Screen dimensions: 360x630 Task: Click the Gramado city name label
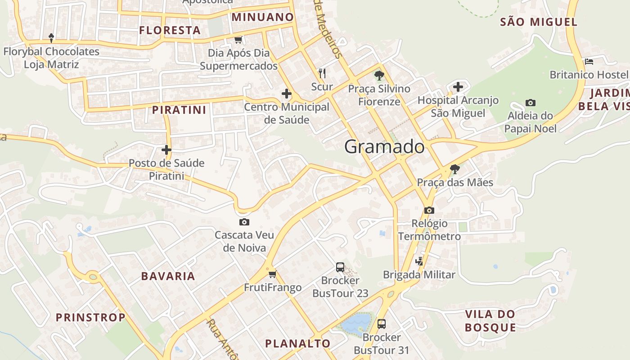384,147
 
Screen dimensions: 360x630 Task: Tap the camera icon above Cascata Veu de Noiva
244,222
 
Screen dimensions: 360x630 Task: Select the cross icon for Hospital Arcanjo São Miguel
458,87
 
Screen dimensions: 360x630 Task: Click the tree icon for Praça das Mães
455,169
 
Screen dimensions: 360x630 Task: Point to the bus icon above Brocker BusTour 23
340,267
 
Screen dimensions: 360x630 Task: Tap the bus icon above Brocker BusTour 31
382,324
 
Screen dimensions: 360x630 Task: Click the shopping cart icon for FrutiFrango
272,274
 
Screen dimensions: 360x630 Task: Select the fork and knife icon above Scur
322,73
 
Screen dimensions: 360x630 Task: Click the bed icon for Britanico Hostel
589,61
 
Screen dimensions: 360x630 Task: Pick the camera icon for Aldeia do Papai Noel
531,103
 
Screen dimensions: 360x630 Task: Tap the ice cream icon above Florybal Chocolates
51,38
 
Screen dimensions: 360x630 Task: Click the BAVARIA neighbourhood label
168,276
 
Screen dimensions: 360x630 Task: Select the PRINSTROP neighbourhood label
90,318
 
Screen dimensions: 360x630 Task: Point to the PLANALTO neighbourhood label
298,344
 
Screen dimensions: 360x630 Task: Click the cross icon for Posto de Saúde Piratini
166,149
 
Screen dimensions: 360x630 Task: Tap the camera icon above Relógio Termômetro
429,210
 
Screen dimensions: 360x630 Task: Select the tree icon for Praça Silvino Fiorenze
379,75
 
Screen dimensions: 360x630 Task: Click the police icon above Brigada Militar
419,261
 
